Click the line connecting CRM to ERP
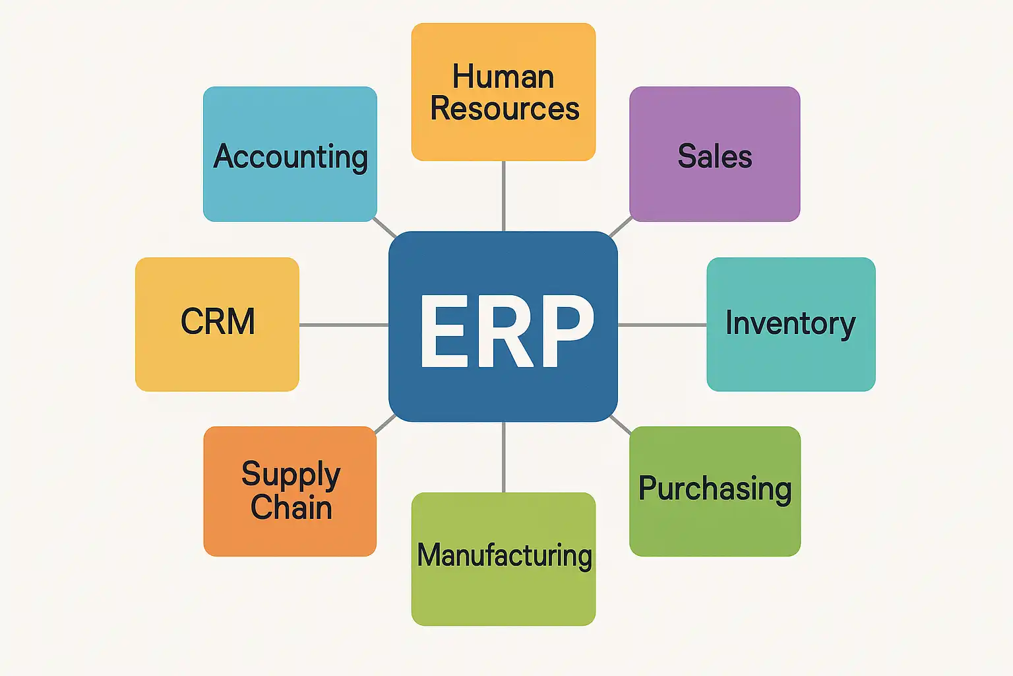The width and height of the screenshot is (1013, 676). (x=343, y=325)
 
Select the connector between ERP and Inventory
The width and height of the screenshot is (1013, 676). (x=662, y=325)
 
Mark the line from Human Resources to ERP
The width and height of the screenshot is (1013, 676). (x=504, y=196)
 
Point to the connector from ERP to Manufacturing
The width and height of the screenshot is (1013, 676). (x=504, y=457)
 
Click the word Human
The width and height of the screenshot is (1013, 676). (x=503, y=77)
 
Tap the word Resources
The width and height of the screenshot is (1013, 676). (x=505, y=108)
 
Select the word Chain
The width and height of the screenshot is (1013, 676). (x=291, y=507)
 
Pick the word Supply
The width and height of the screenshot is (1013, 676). (x=291, y=474)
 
